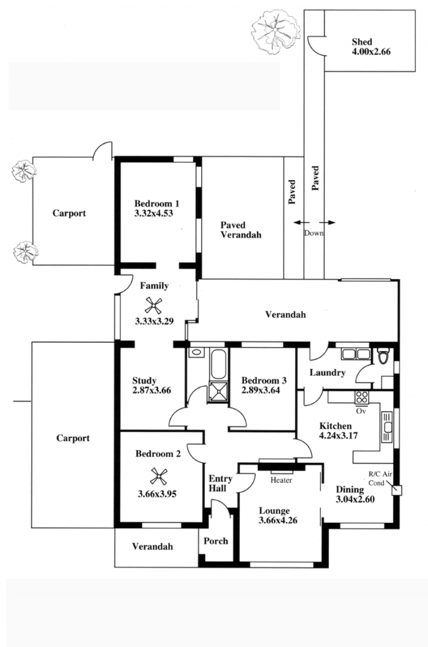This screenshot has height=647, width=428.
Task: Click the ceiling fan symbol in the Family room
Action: pyautogui.click(x=153, y=305)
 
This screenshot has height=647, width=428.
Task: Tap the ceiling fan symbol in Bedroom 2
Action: pyautogui.click(x=159, y=476)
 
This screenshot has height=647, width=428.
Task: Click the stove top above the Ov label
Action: pyautogui.click(x=362, y=397)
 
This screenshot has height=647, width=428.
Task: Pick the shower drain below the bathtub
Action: pyautogui.click(x=218, y=391)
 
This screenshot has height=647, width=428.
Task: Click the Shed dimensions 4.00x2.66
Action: pyautogui.click(x=371, y=52)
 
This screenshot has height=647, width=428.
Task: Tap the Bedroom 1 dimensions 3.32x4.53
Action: pyautogui.click(x=154, y=213)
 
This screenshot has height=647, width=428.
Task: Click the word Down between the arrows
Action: pyautogui.click(x=314, y=233)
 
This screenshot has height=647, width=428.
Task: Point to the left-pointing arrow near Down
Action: pyautogui.click(x=301, y=222)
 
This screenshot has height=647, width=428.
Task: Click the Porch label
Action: pyautogui.click(x=216, y=541)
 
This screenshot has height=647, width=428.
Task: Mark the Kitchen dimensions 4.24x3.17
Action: pyautogui.click(x=338, y=435)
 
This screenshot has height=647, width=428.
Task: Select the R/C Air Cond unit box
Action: pyautogui.click(x=397, y=490)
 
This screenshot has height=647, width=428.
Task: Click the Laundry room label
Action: pyautogui.click(x=327, y=373)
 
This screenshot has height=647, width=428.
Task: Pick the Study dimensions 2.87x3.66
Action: pyautogui.click(x=151, y=390)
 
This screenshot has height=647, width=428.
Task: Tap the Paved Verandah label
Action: pyautogui.click(x=241, y=230)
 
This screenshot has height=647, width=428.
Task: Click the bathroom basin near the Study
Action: pyautogui.click(x=196, y=352)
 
